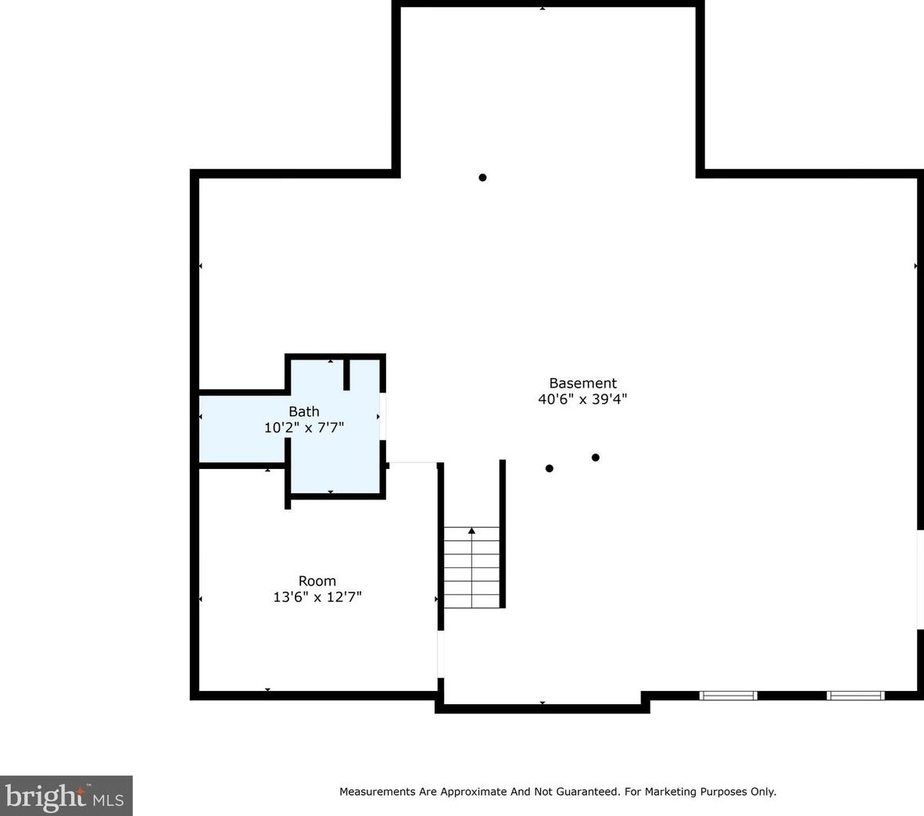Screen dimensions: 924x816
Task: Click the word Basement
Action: pos(583,383)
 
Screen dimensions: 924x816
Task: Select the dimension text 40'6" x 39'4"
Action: pos(582,399)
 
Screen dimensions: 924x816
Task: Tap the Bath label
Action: pos(304,411)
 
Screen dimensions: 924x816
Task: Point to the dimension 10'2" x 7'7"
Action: pos(304,427)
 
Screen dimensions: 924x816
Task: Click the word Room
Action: pos(317,581)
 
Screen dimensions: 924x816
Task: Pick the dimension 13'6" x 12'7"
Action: pos(317,597)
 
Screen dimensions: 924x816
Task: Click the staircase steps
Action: pos(471,567)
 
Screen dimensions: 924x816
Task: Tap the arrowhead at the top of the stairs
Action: pos(471,531)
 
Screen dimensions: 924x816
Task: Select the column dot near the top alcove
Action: pos(482,177)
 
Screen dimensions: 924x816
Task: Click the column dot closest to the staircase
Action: pos(550,468)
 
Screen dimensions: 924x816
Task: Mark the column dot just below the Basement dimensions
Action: pos(596,457)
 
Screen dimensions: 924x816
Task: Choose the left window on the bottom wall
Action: pos(729,696)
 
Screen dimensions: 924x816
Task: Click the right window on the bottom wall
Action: pos(856,696)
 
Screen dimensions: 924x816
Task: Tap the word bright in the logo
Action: pos(45,796)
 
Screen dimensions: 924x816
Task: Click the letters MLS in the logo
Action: pos(108,800)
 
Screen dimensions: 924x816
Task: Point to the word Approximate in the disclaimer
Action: pos(474,792)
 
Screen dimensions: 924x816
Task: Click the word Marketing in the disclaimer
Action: pos(670,792)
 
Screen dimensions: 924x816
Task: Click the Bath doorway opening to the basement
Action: pos(383,416)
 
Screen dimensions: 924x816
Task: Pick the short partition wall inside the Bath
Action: pos(346,374)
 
